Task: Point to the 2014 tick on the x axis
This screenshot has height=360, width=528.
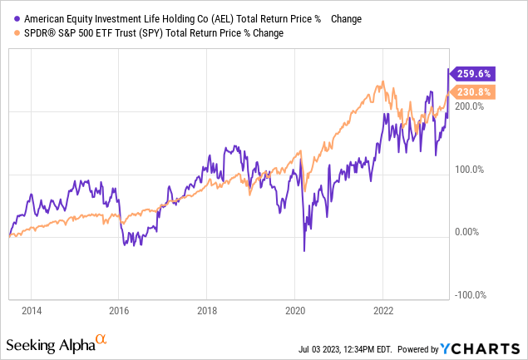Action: (x=32, y=311)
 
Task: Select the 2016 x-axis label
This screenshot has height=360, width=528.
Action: (x=119, y=311)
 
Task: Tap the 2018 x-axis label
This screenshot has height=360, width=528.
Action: (x=207, y=311)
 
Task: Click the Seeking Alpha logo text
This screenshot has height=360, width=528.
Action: (x=50, y=344)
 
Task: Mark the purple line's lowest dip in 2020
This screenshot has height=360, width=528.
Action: (x=304, y=251)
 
